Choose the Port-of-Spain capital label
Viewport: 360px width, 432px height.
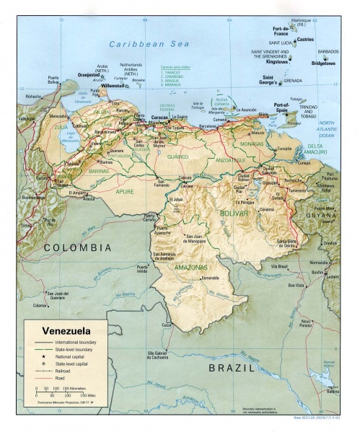pos(276,106)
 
